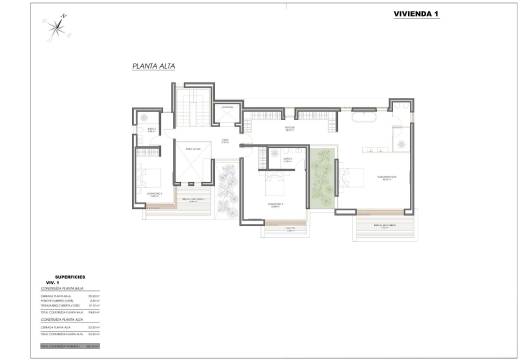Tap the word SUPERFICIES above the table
(x=72, y=276)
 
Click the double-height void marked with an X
(x=192, y=164)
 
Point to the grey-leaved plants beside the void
(x=227, y=190)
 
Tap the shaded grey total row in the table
(x=70, y=346)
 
